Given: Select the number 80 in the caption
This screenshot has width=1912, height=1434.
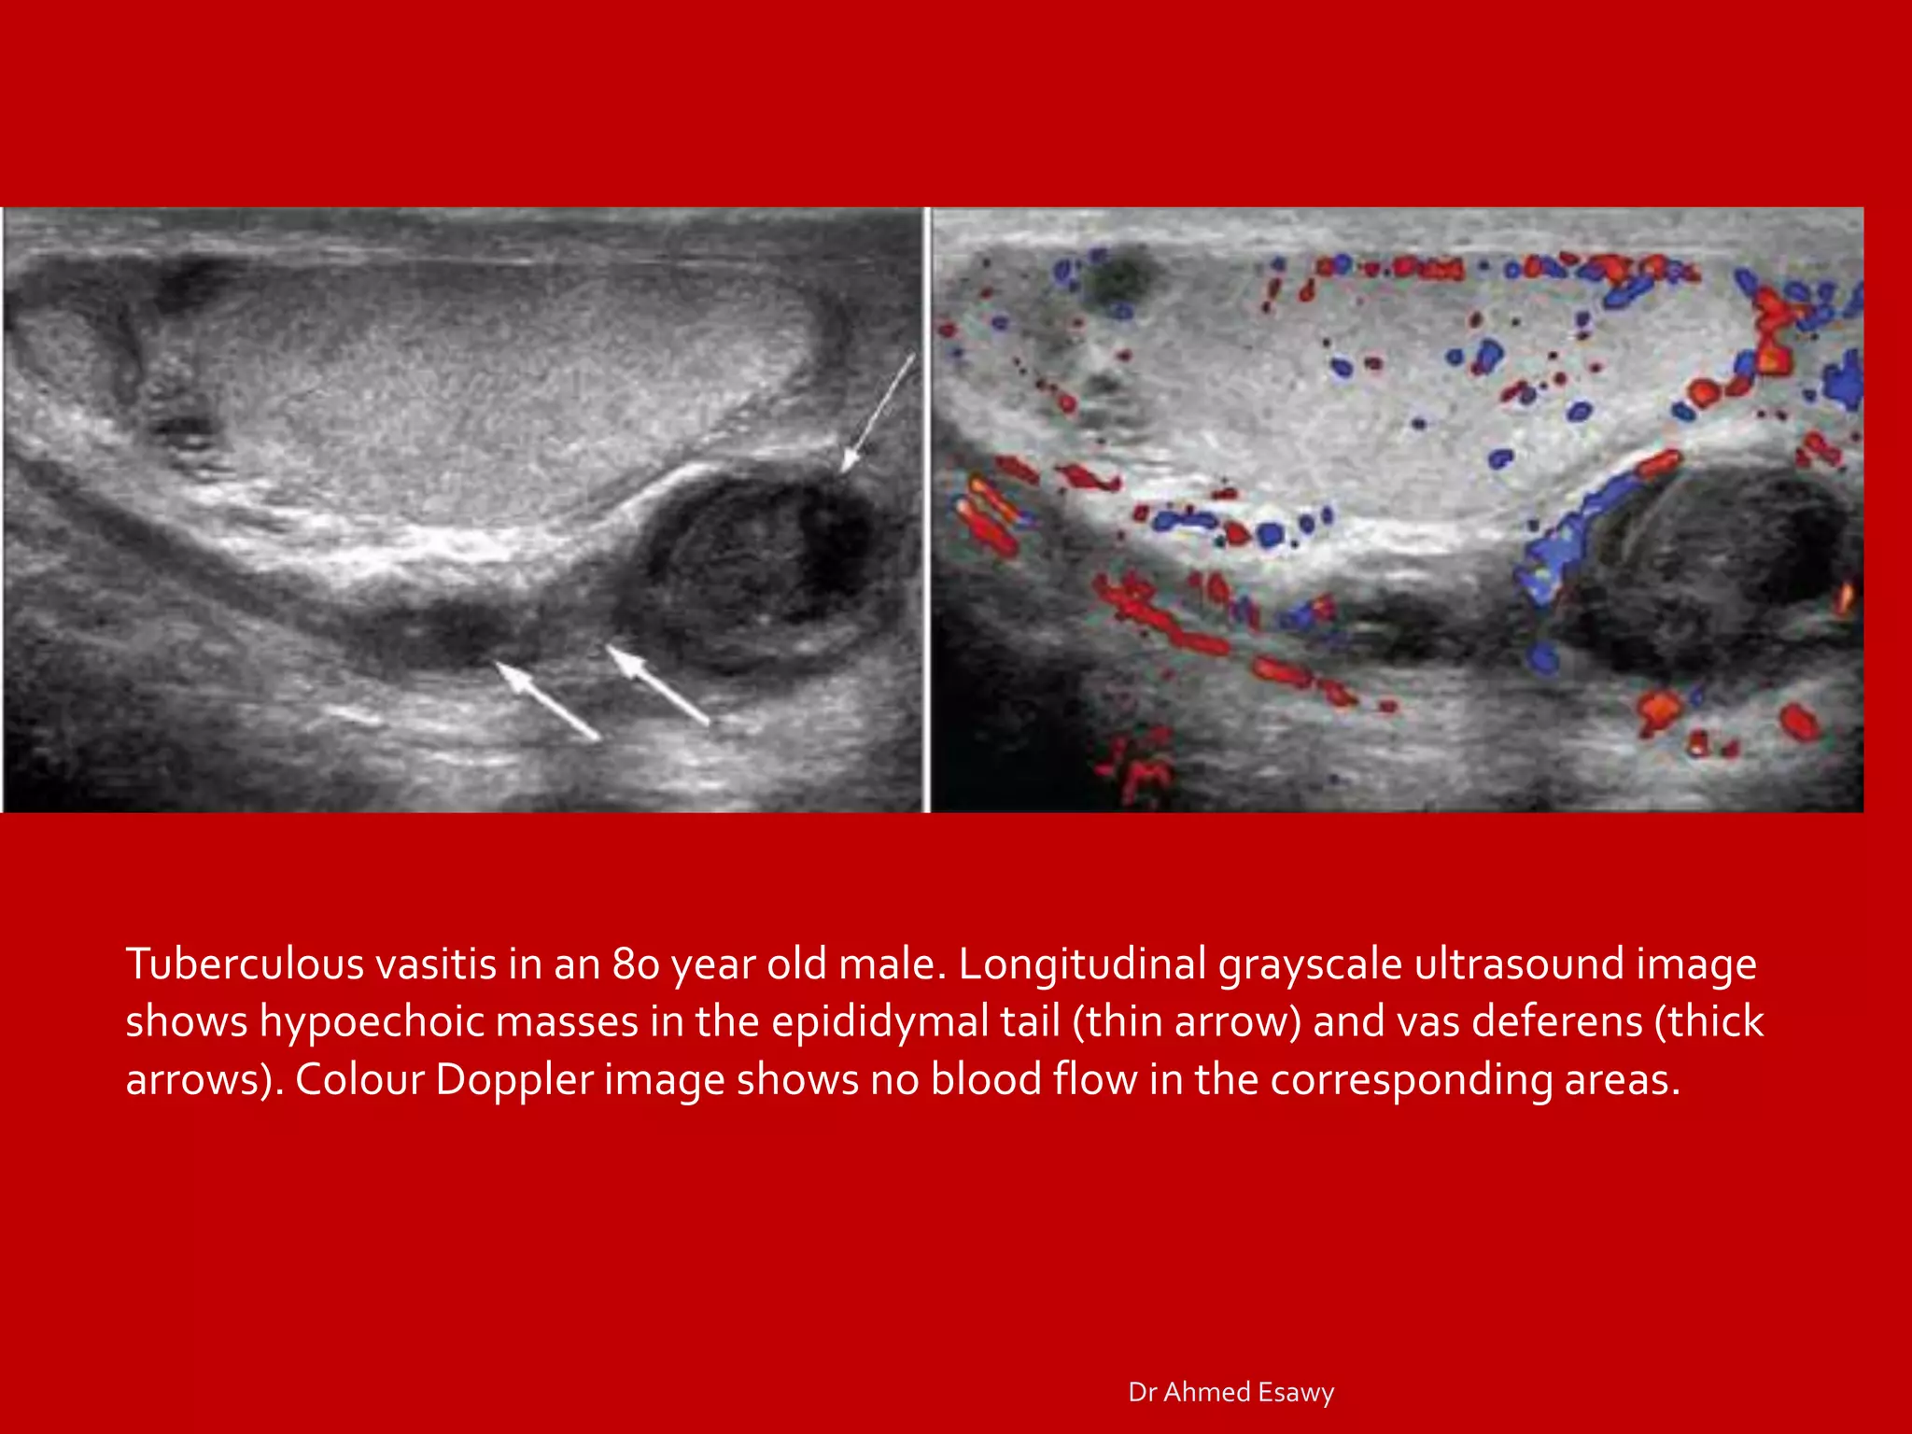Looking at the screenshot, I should coord(636,964).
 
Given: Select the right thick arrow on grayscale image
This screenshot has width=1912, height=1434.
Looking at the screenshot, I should coord(658,684).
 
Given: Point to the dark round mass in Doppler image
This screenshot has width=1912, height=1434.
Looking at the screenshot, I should coord(1718,569).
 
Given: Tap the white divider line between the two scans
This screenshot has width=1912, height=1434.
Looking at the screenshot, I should coord(927,509).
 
